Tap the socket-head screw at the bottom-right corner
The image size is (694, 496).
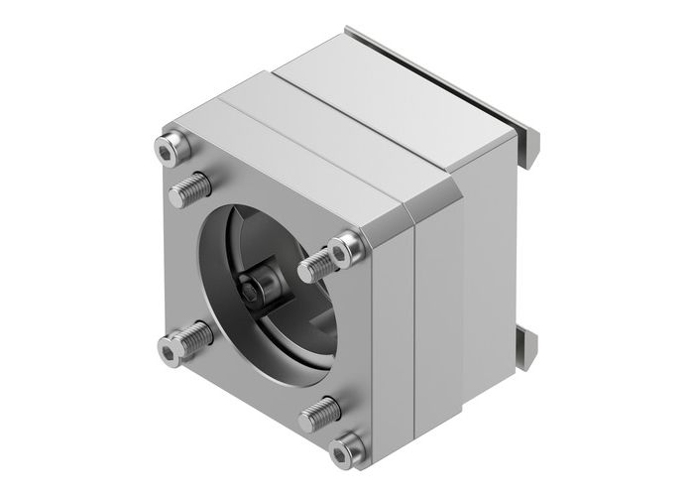(x=346, y=451)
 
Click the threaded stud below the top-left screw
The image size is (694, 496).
(x=190, y=187)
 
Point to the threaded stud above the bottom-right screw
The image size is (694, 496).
(x=319, y=413)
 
